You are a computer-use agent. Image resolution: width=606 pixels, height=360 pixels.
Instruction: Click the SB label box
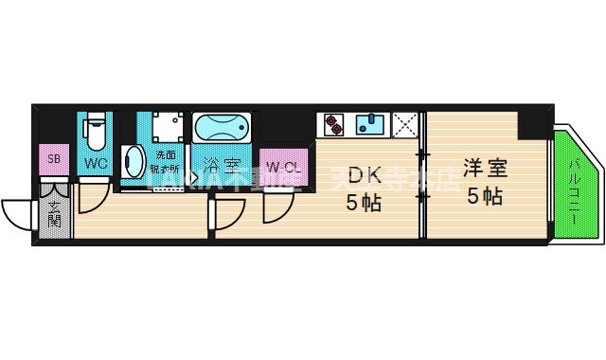point(54,159)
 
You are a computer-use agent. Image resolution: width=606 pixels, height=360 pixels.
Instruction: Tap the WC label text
point(96,163)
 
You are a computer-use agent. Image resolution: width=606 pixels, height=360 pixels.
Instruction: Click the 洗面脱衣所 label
point(167,161)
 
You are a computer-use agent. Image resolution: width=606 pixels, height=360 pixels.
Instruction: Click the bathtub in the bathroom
point(222,127)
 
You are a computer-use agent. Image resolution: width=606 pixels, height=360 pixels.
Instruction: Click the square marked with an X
point(405,124)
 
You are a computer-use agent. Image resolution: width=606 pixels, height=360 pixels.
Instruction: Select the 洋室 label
point(485,171)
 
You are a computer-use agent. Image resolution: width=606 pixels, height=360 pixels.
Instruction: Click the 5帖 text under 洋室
point(485,197)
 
